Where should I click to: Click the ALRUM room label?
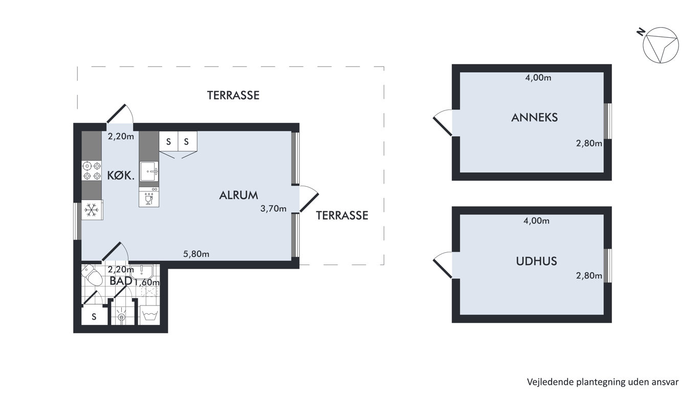(x=239, y=195)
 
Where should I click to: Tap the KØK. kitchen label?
(x=121, y=176)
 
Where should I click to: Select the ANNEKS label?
(x=534, y=117)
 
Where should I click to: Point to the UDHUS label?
(x=536, y=261)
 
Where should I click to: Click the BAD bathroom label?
(x=121, y=281)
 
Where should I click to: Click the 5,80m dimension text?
(x=196, y=254)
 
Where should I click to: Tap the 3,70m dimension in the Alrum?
(x=273, y=208)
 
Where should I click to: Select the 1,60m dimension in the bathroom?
(x=147, y=282)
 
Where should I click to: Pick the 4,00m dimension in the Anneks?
(x=538, y=78)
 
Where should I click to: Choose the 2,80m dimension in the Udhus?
(x=589, y=276)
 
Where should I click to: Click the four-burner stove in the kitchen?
(x=92, y=171)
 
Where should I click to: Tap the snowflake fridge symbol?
(x=92, y=210)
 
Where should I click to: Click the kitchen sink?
(x=149, y=171)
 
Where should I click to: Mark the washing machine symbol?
(x=150, y=316)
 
